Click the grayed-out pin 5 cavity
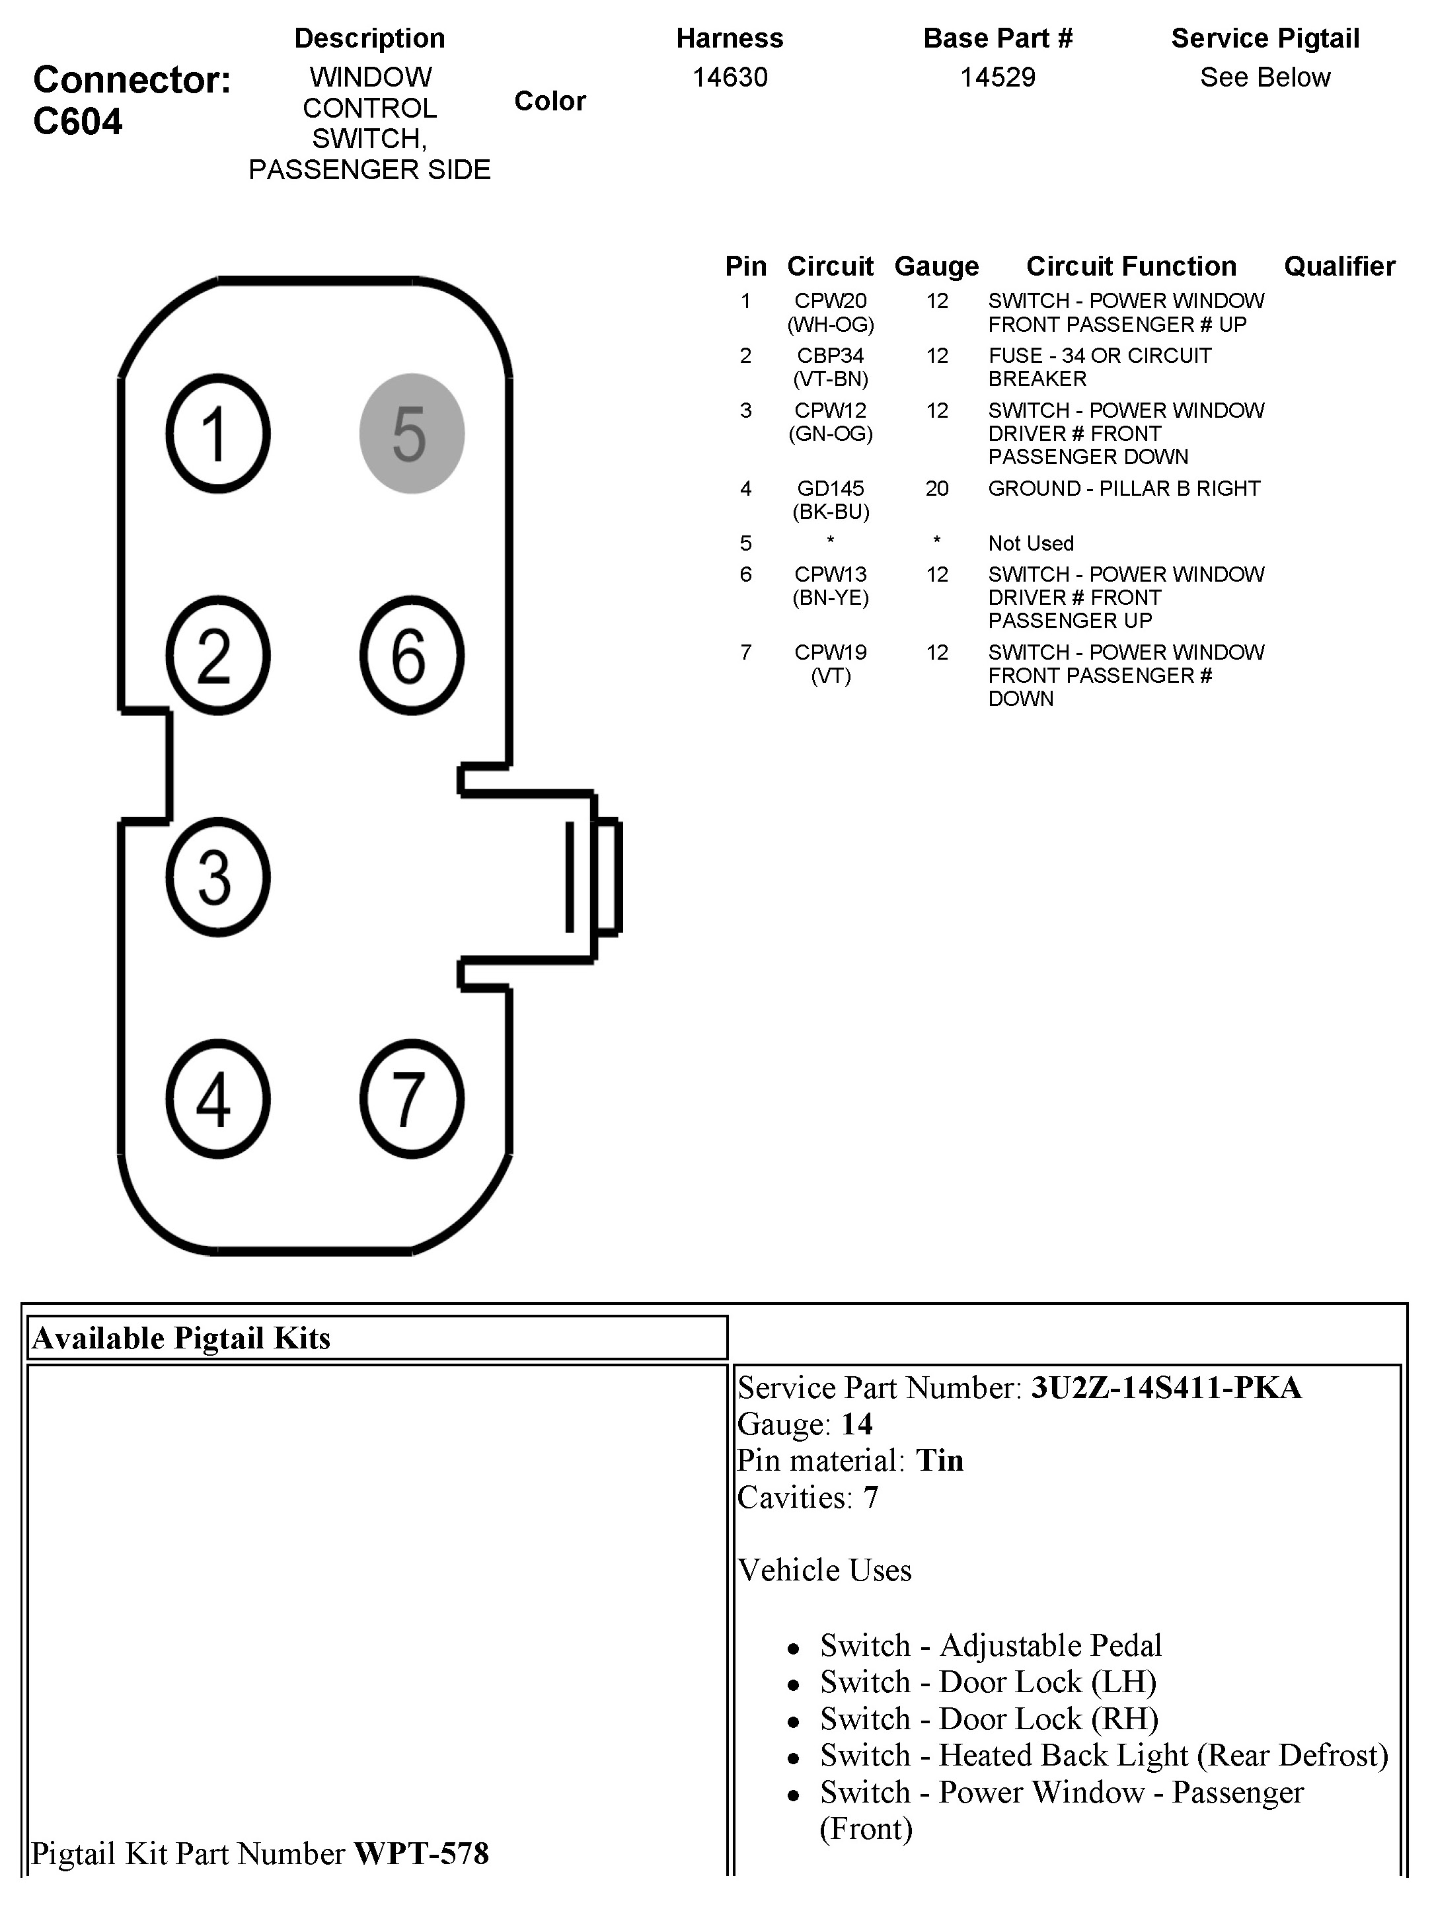click(x=411, y=433)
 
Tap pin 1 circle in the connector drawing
click(x=217, y=433)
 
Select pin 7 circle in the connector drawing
click(x=411, y=1099)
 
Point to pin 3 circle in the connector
click(x=217, y=876)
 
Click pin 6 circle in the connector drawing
click(x=411, y=655)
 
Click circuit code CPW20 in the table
click(x=830, y=301)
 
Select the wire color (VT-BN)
click(x=830, y=379)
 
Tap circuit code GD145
click(x=830, y=489)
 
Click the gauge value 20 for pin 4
click(x=937, y=489)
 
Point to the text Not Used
click(x=1030, y=543)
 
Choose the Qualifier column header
click(x=1339, y=266)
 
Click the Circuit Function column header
click(x=1131, y=266)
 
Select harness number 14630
click(x=730, y=77)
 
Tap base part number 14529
click(x=997, y=77)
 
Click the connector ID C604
click(x=77, y=122)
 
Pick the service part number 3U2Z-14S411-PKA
click(x=1166, y=1388)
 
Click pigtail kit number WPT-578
click(x=422, y=1853)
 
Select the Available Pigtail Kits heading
click(x=181, y=1339)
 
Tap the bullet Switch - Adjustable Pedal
click(x=991, y=1645)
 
